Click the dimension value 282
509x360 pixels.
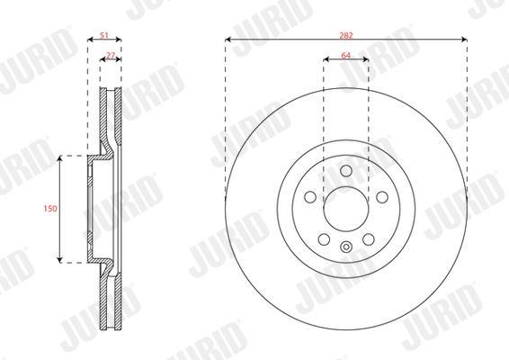pyautogui.click(x=345, y=35)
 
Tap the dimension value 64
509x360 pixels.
pyautogui.click(x=345, y=55)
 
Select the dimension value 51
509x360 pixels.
pyautogui.click(x=104, y=35)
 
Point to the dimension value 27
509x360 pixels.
pyautogui.click(x=111, y=55)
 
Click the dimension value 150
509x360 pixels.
pyautogui.click(x=50, y=208)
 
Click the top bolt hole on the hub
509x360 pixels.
pyautogui.click(x=346, y=171)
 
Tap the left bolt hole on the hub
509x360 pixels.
pyautogui.click(x=310, y=197)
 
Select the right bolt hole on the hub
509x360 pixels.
pyautogui.click(x=382, y=197)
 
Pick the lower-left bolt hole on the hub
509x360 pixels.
pyautogui.click(x=324, y=239)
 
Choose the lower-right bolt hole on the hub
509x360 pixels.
pyautogui.click(x=369, y=239)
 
